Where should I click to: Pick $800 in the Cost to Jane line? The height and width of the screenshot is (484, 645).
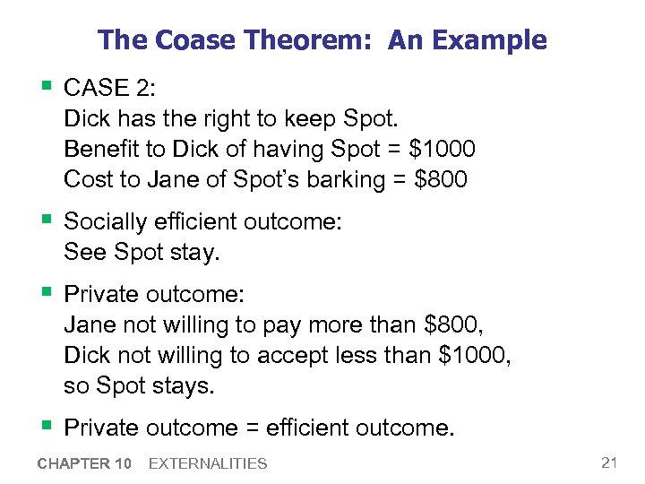pyautogui.click(x=442, y=179)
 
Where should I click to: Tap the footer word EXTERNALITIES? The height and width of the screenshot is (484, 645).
pyautogui.click(x=208, y=463)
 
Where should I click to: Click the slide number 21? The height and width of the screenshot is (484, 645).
pyautogui.click(x=610, y=462)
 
